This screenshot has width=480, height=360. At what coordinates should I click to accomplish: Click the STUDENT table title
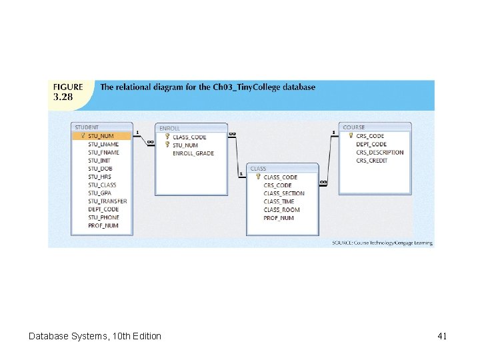87,127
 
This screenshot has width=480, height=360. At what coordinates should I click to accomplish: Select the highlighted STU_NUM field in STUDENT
101,136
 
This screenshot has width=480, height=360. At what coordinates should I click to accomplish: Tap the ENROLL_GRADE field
193,153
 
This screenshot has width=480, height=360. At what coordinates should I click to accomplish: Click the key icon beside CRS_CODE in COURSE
351,135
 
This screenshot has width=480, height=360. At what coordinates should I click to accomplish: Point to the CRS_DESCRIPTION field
379,153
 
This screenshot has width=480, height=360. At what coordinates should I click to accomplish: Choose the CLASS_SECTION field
284,193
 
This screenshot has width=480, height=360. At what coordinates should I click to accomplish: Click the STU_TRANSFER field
107,201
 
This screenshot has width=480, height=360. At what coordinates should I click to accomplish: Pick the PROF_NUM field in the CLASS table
279,218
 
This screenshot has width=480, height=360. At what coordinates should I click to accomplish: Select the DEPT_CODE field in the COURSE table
371,144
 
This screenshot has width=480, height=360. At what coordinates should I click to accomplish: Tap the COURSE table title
353,127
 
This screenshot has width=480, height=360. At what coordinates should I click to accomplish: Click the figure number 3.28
63,97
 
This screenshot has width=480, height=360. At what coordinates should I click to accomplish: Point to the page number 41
442,336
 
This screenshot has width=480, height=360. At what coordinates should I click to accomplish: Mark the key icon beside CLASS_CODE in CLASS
258,177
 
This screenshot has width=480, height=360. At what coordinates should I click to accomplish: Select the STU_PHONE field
103,217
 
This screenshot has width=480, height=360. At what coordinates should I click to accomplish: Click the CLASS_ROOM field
281,210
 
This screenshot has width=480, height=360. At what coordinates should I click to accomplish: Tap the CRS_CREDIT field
371,161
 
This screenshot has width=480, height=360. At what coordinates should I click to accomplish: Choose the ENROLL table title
169,129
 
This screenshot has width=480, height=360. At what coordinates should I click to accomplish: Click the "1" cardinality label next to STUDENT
137,132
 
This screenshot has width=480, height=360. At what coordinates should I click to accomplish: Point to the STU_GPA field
99,193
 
